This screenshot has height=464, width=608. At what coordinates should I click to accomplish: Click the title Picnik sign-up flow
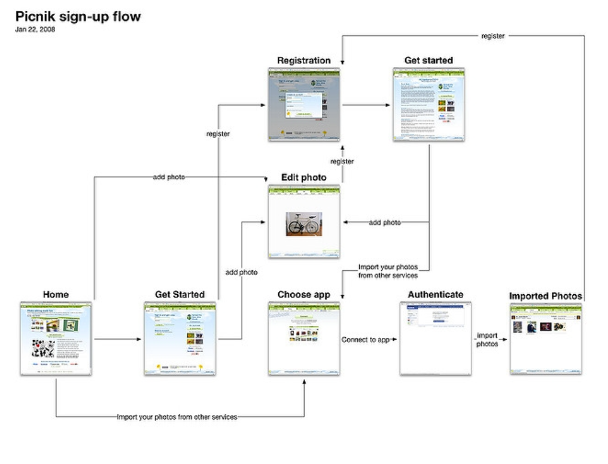pyautogui.click(x=78, y=16)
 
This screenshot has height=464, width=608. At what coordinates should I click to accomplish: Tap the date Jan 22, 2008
pyautogui.click(x=35, y=29)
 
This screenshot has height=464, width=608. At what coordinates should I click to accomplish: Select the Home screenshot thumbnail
pyautogui.click(x=56, y=338)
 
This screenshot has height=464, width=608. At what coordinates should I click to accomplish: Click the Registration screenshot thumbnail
pyautogui.click(x=304, y=105)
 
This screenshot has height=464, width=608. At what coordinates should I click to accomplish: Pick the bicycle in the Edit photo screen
pyautogui.click(x=304, y=224)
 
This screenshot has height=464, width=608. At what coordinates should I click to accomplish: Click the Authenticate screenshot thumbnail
pyautogui.click(x=435, y=338)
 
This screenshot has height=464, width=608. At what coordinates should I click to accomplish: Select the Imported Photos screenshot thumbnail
pyautogui.click(x=545, y=338)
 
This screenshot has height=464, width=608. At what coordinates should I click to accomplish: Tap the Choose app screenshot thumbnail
pyautogui.click(x=304, y=338)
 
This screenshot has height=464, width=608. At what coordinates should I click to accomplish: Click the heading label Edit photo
pyautogui.click(x=304, y=178)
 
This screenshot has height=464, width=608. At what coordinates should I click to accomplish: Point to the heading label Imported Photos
pyautogui.click(x=545, y=296)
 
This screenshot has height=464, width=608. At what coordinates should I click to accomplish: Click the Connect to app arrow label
pyautogui.click(x=366, y=340)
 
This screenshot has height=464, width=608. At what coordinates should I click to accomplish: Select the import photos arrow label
pyautogui.click(x=487, y=340)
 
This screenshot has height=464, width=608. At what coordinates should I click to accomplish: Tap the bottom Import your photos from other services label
pyautogui.click(x=177, y=417)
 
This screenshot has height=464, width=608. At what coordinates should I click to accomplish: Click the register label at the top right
pyautogui.click(x=493, y=36)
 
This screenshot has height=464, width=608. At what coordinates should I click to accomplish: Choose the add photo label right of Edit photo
pyautogui.click(x=384, y=222)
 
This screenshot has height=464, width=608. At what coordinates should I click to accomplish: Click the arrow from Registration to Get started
pyautogui.click(x=366, y=105)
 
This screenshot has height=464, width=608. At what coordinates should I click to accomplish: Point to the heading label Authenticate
pyautogui.click(x=435, y=294)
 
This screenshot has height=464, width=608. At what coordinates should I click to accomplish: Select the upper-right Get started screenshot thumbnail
pyautogui.click(x=428, y=105)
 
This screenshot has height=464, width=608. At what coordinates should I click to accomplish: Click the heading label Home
pyautogui.click(x=56, y=294)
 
